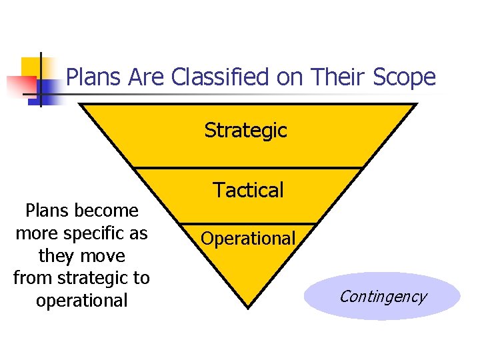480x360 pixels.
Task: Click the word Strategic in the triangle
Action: [245, 130]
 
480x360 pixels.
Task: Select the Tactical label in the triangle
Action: [249, 191]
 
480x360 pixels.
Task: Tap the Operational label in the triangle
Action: [248, 238]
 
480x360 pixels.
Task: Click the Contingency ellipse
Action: [382, 297]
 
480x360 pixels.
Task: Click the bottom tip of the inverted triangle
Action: [248, 307]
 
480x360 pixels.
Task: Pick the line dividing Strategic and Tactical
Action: [249, 167]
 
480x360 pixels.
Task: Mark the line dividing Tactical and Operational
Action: [249, 223]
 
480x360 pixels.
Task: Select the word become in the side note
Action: [107, 211]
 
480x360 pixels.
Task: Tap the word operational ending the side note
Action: [81, 301]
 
